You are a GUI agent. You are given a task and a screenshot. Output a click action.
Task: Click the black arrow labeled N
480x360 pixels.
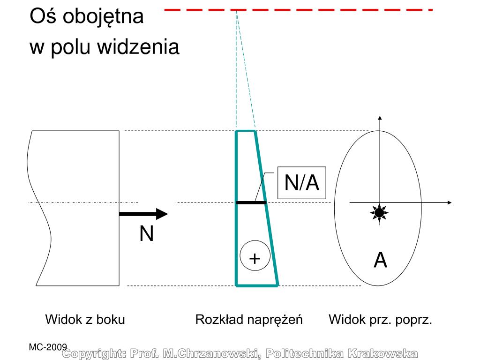click(x=143, y=214)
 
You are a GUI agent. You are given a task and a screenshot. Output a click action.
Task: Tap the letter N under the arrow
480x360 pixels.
click(x=146, y=234)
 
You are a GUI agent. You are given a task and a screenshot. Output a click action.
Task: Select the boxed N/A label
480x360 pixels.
click(x=301, y=183)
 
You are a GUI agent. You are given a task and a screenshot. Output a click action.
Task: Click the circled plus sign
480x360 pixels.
click(x=255, y=258)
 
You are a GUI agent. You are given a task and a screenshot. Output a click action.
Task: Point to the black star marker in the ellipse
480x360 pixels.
click(x=379, y=213)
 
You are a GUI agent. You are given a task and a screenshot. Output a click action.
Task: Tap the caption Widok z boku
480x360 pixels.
click(x=85, y=320)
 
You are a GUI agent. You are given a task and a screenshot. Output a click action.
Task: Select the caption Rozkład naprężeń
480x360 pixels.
click(x=249, y=320)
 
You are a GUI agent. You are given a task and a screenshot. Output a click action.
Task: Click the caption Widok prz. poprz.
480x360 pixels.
click(x=380, y=320)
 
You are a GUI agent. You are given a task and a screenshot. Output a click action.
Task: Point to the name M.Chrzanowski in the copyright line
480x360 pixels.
click(x=210, y=353)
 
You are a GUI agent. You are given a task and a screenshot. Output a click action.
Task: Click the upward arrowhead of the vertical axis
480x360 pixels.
click(x=380, y=118)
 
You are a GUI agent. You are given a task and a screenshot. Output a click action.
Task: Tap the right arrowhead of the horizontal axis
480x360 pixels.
click(x=449, y=202)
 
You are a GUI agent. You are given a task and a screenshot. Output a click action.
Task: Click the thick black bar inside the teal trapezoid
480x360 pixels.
click(x=251, y=202)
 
